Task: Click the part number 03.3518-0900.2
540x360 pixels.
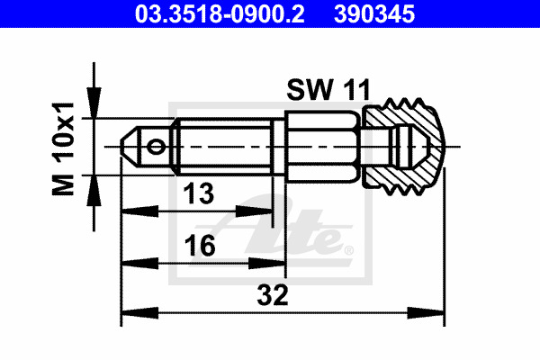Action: click(220, 14)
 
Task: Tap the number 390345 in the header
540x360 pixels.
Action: click(374, 14)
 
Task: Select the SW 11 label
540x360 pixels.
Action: click(328, 90)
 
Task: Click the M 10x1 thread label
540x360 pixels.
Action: click(63, 148)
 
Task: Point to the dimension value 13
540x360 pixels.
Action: click(199, 193)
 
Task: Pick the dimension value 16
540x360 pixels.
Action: click(200, 246)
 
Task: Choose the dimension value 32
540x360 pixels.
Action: click(273, 295)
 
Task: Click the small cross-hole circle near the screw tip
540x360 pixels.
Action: click(156, 147)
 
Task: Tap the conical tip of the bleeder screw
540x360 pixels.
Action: click(129, 147)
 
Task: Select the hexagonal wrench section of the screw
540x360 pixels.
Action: click(323, 147)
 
